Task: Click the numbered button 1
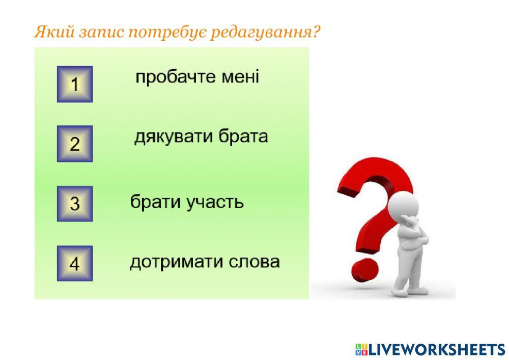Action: point(75,84)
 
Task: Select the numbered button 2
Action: point(75,144)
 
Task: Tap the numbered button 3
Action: point(75,204)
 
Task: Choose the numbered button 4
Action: point(75,264)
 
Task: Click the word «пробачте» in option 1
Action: point(171,77)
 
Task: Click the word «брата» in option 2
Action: point(243,137)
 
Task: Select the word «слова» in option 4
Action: point(253,262)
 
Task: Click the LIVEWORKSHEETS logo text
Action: point(436,349)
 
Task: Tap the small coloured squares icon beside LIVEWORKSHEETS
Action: point(361,349)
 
